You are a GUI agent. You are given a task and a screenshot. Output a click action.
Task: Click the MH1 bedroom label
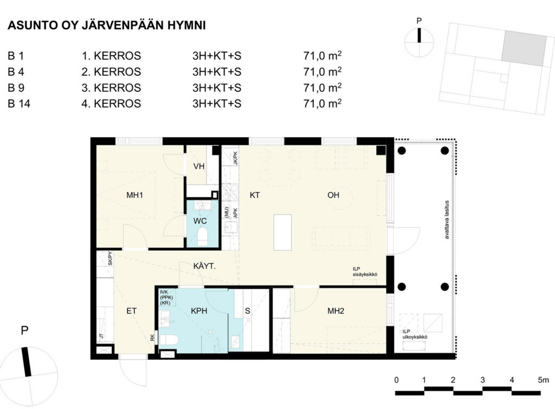point(134,195)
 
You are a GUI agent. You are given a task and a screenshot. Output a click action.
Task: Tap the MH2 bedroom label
point(335,311)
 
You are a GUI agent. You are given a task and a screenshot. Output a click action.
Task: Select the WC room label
point(200,221)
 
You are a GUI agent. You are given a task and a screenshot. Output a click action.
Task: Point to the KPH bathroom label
point(199,311)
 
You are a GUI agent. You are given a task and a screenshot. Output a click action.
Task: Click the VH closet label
point(199,166)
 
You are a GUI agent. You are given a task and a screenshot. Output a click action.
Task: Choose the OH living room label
point(333,195)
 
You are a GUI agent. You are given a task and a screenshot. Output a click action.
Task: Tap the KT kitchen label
point(255,195)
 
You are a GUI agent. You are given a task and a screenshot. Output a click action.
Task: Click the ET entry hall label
point(131,311)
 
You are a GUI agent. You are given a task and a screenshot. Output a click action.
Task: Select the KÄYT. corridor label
point(204,266)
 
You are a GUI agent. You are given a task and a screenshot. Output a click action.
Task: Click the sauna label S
point(247,311)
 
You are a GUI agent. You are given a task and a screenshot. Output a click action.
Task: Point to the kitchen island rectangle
point(282,232)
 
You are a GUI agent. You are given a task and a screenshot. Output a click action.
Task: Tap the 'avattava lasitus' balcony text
point(447,220)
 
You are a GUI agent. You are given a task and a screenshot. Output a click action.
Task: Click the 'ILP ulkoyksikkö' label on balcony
point(415,334)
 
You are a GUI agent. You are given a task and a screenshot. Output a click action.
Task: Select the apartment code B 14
point(19,103)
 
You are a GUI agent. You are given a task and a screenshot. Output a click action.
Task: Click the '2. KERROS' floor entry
point(111,72)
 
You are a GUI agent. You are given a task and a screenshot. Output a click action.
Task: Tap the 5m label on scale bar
point(543,380)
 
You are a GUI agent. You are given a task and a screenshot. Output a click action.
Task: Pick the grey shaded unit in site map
point(524,48)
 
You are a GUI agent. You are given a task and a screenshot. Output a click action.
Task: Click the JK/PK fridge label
point(235,158)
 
